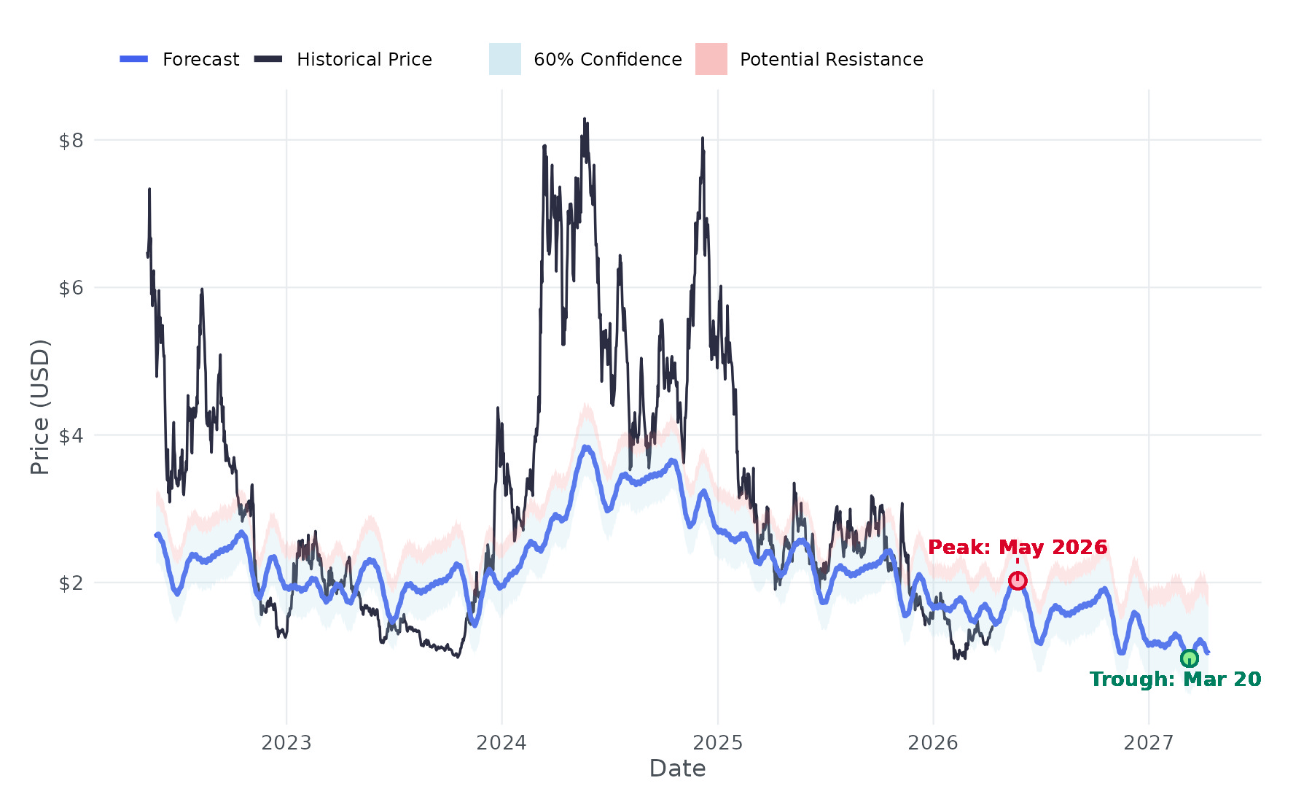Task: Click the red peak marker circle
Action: [x=1018, y=580]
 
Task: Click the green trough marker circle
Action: [x=1189, y=658]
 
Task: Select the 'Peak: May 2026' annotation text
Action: [x=1018, y=547]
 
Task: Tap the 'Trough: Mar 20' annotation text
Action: [x=1175, y=680]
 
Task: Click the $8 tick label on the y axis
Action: [x=71, y=140]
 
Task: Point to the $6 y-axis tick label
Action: [x=71, y=288]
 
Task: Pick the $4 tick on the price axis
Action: [x=71, y=436]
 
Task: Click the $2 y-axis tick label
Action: [x=71, y=583]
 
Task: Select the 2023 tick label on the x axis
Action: [x=286, y=743]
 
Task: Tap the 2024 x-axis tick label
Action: [x=501, y=743]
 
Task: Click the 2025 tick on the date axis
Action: [x=717, y=743]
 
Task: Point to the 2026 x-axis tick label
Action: [x=933, y=743]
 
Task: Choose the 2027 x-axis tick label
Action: [x=1149, y=743]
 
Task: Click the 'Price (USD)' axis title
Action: [x=40, y=407]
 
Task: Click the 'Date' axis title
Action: [x=677, y=768]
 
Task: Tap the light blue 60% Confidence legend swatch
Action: [x=505, y=59]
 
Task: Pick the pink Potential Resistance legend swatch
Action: [x=711, y=59]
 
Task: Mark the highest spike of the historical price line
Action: [x=585, y=119]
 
